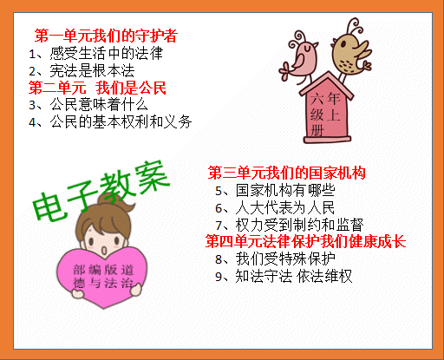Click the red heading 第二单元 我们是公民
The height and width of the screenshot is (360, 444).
(x=97, y=88)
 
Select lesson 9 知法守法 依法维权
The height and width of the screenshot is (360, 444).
(x=291, y=276)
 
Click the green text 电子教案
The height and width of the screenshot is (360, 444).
(x=101, y=190)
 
